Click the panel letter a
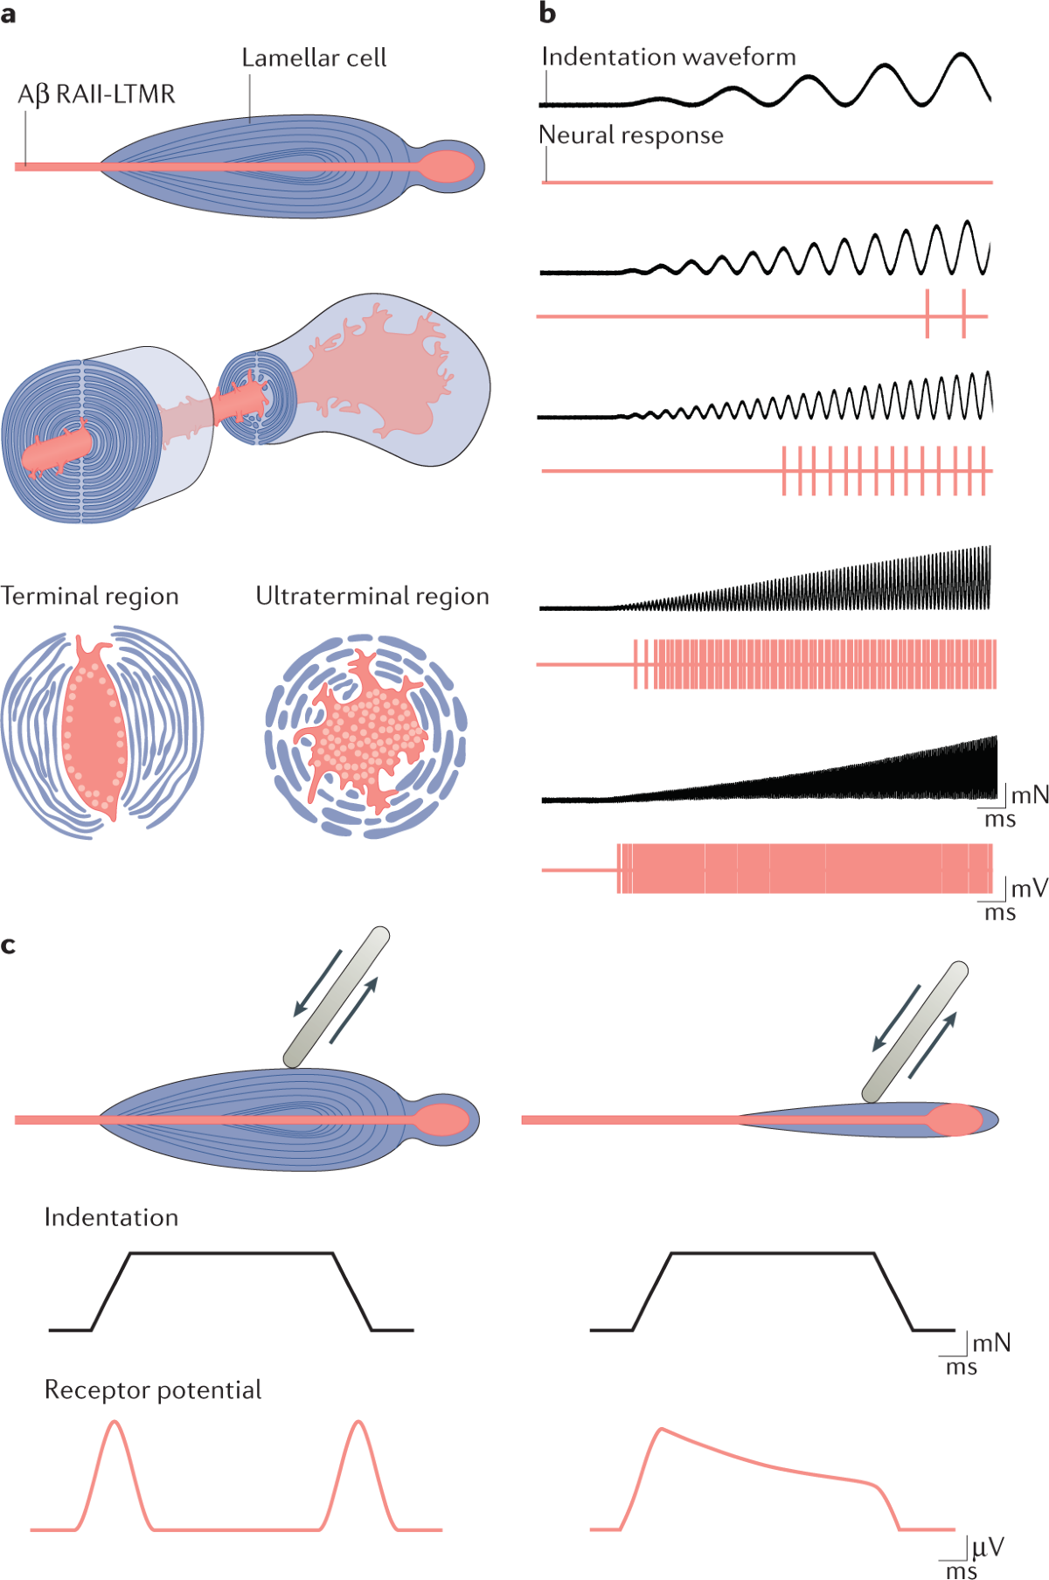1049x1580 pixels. click(x=9, y=15)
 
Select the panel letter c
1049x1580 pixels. click(x=9, y=946)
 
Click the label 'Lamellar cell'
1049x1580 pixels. click(x=314, y=59)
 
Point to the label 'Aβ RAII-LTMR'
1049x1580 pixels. click(x=96, y=94)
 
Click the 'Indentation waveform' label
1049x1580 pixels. click(x=669, y=58)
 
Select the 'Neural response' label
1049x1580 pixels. click(x=631, y=135)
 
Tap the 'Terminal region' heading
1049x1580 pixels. click(x=90, y=596)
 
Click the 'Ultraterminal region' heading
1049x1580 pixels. click(x=372, y=596)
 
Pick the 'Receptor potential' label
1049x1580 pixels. click(x=153, y=1390)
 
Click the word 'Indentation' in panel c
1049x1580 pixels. click(x=111, y=1217)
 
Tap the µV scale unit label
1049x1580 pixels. click(x=988, y=1548)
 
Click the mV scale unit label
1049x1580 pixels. click(x=1029, y=890)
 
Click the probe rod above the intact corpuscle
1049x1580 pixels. click(x=337, y=996)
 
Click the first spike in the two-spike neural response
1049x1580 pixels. click(x=927, y=315)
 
